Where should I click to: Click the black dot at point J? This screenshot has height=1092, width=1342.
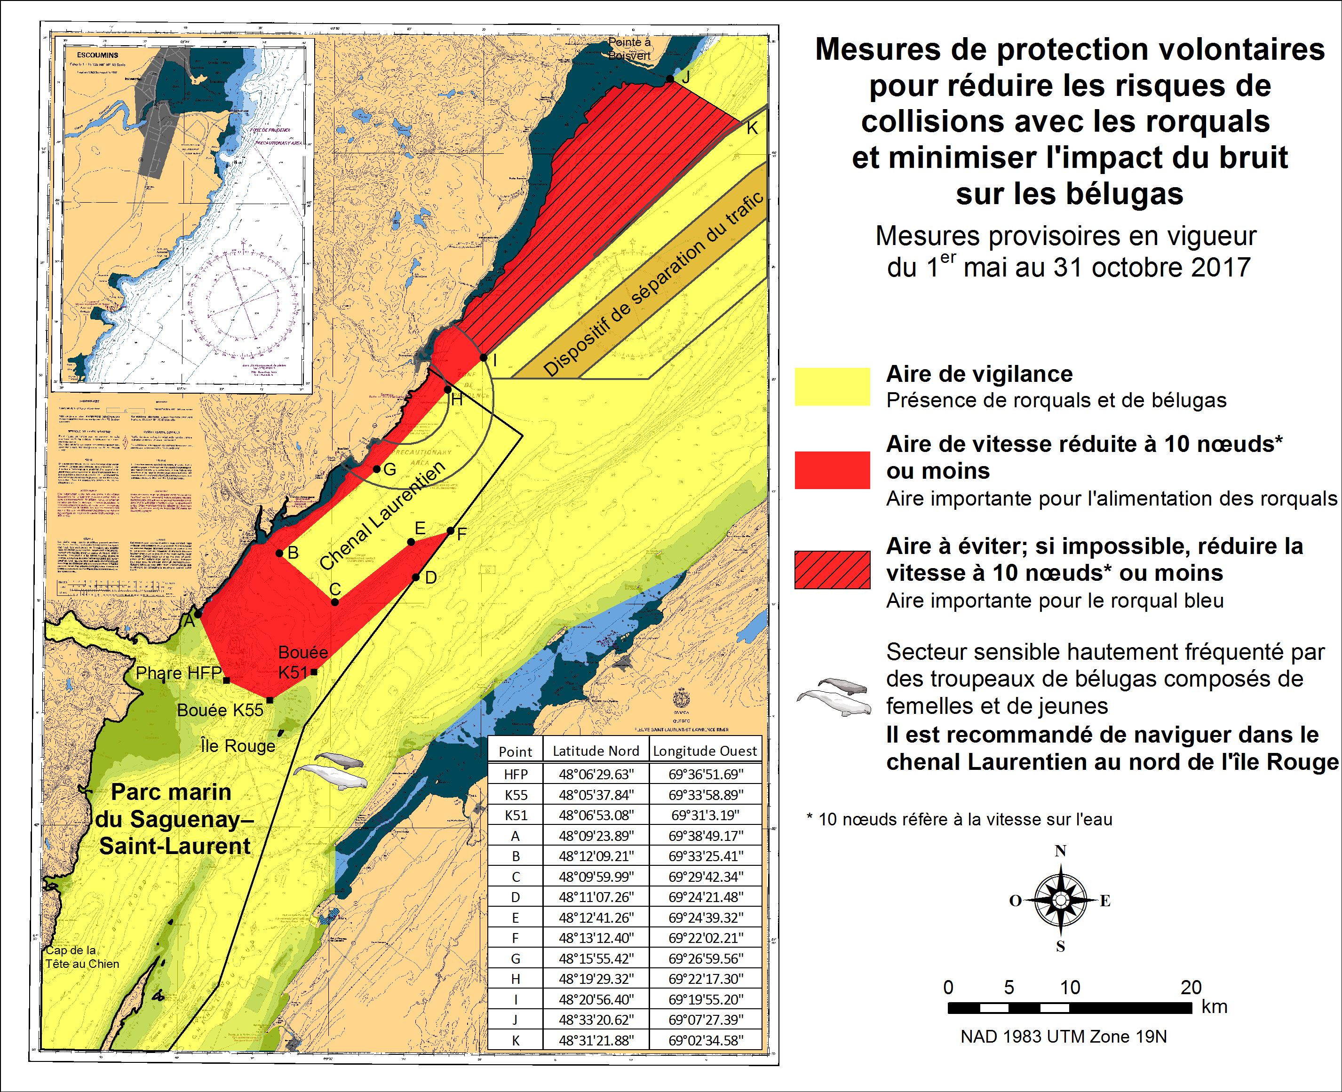tap(670, 79)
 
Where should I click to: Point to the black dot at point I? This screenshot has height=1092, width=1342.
tap(483, 357)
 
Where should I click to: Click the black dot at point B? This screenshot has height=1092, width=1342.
tap(279, 554)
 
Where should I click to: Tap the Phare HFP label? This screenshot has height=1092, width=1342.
tap(179, 673)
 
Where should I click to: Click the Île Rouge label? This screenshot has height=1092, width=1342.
tap(238, 746)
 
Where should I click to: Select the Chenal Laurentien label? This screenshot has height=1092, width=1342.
tap(382, 516)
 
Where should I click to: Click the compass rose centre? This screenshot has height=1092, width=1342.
tap(1060, 900)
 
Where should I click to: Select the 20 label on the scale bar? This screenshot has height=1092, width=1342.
tap(1191, 987)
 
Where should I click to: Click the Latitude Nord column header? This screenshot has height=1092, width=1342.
tap(595, 751)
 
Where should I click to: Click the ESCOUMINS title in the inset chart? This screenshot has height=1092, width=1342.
tap(97, 55)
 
